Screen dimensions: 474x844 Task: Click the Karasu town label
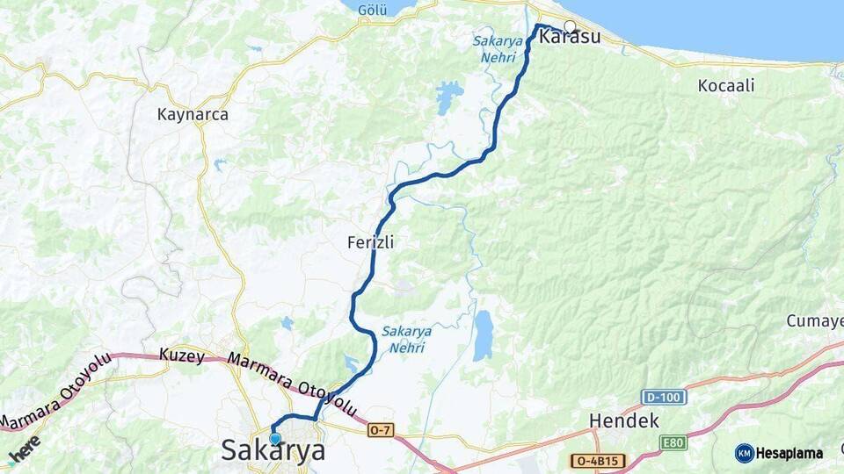570,38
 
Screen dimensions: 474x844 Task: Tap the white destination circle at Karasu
570,26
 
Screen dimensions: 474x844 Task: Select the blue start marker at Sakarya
275,438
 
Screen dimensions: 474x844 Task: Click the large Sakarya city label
273,451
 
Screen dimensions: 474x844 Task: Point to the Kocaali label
725,86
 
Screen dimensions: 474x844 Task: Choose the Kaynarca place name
193,114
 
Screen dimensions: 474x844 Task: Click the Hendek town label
623,420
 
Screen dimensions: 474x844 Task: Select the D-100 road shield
663,397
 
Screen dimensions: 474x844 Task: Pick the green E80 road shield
673,442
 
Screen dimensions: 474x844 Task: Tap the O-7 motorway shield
381,429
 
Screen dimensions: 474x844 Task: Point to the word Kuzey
182,356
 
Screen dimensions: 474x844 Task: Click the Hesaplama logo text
789,453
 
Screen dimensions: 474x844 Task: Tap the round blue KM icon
745,453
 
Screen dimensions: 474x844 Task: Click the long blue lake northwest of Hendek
483,335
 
